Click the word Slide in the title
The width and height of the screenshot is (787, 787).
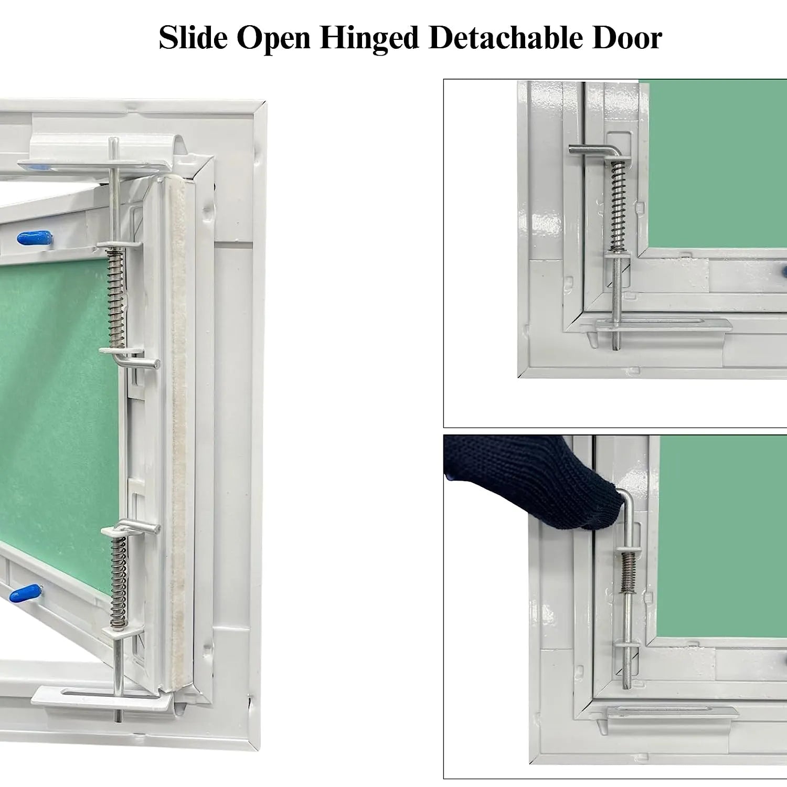[193, 38]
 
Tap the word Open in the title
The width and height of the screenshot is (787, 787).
[273, 38]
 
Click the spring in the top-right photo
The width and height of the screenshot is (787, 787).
[618, 205]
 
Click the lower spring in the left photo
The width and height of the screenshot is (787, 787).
[119, 582]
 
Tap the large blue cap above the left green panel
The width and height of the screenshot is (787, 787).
[35, 238]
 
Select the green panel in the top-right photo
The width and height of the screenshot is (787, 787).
[714, 163]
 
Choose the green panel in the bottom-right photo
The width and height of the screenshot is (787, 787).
[721, 535]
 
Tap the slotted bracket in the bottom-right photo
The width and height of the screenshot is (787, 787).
[672, 712]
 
